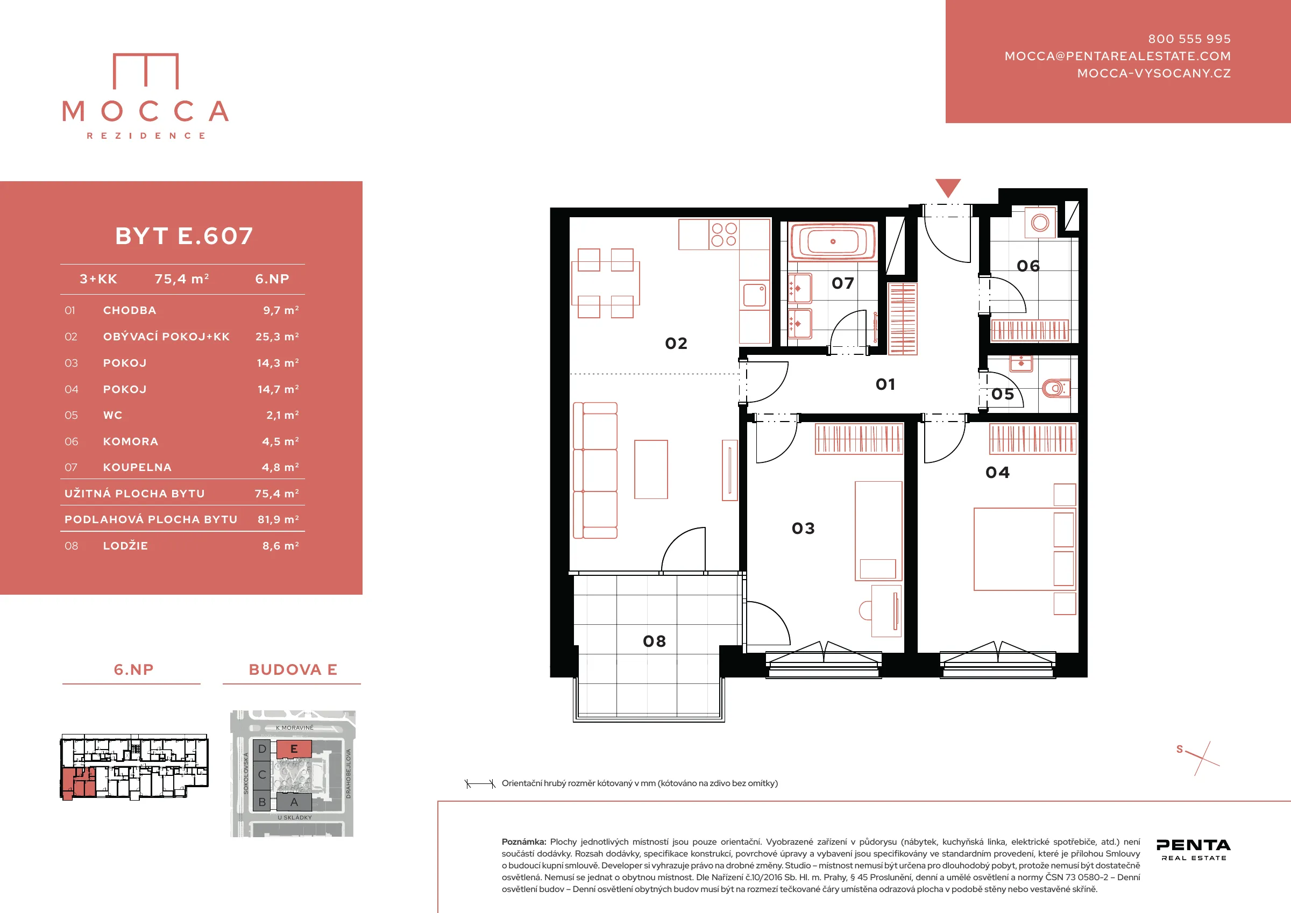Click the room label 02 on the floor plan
676,343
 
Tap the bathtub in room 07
833,242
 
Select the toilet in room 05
1055,387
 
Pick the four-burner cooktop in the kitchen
723,234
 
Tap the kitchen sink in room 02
754,295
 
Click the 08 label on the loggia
655,641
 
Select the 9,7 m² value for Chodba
281,310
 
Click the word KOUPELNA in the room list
137,467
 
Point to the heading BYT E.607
185,236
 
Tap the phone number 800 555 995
1189,39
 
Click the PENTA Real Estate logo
1193,849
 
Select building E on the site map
294,749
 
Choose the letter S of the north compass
1180,749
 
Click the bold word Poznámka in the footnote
523,841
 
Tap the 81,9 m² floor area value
278,519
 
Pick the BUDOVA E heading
293,669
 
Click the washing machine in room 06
1040,223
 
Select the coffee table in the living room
651,469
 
